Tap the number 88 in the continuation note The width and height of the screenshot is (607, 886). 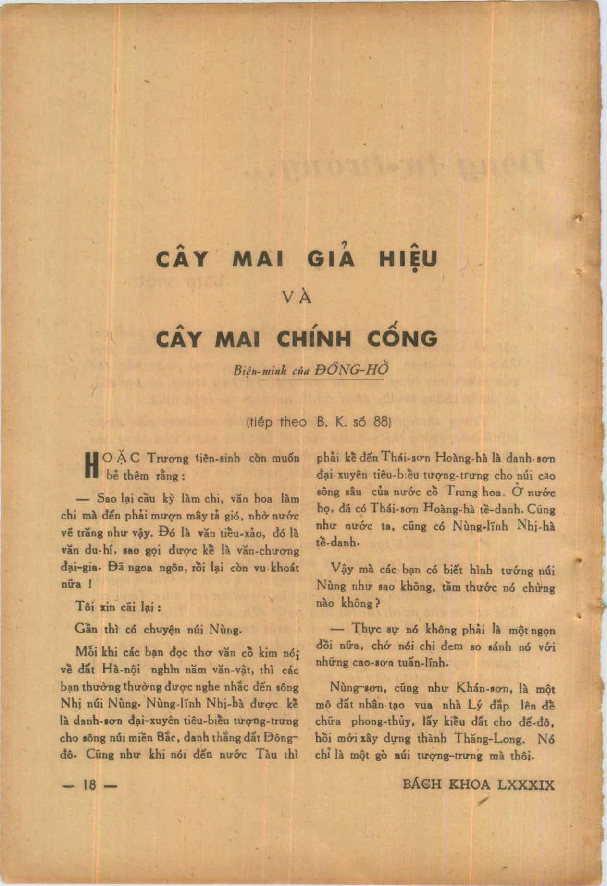tap(380, 422)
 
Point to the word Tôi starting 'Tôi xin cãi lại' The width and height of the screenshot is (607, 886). tap(85, 607)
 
